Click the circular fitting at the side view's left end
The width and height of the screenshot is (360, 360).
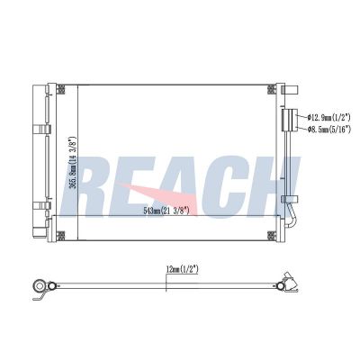click(40, 289)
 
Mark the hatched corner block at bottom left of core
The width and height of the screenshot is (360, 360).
click(60, 237)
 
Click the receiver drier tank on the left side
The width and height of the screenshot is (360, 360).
click(40, 162)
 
